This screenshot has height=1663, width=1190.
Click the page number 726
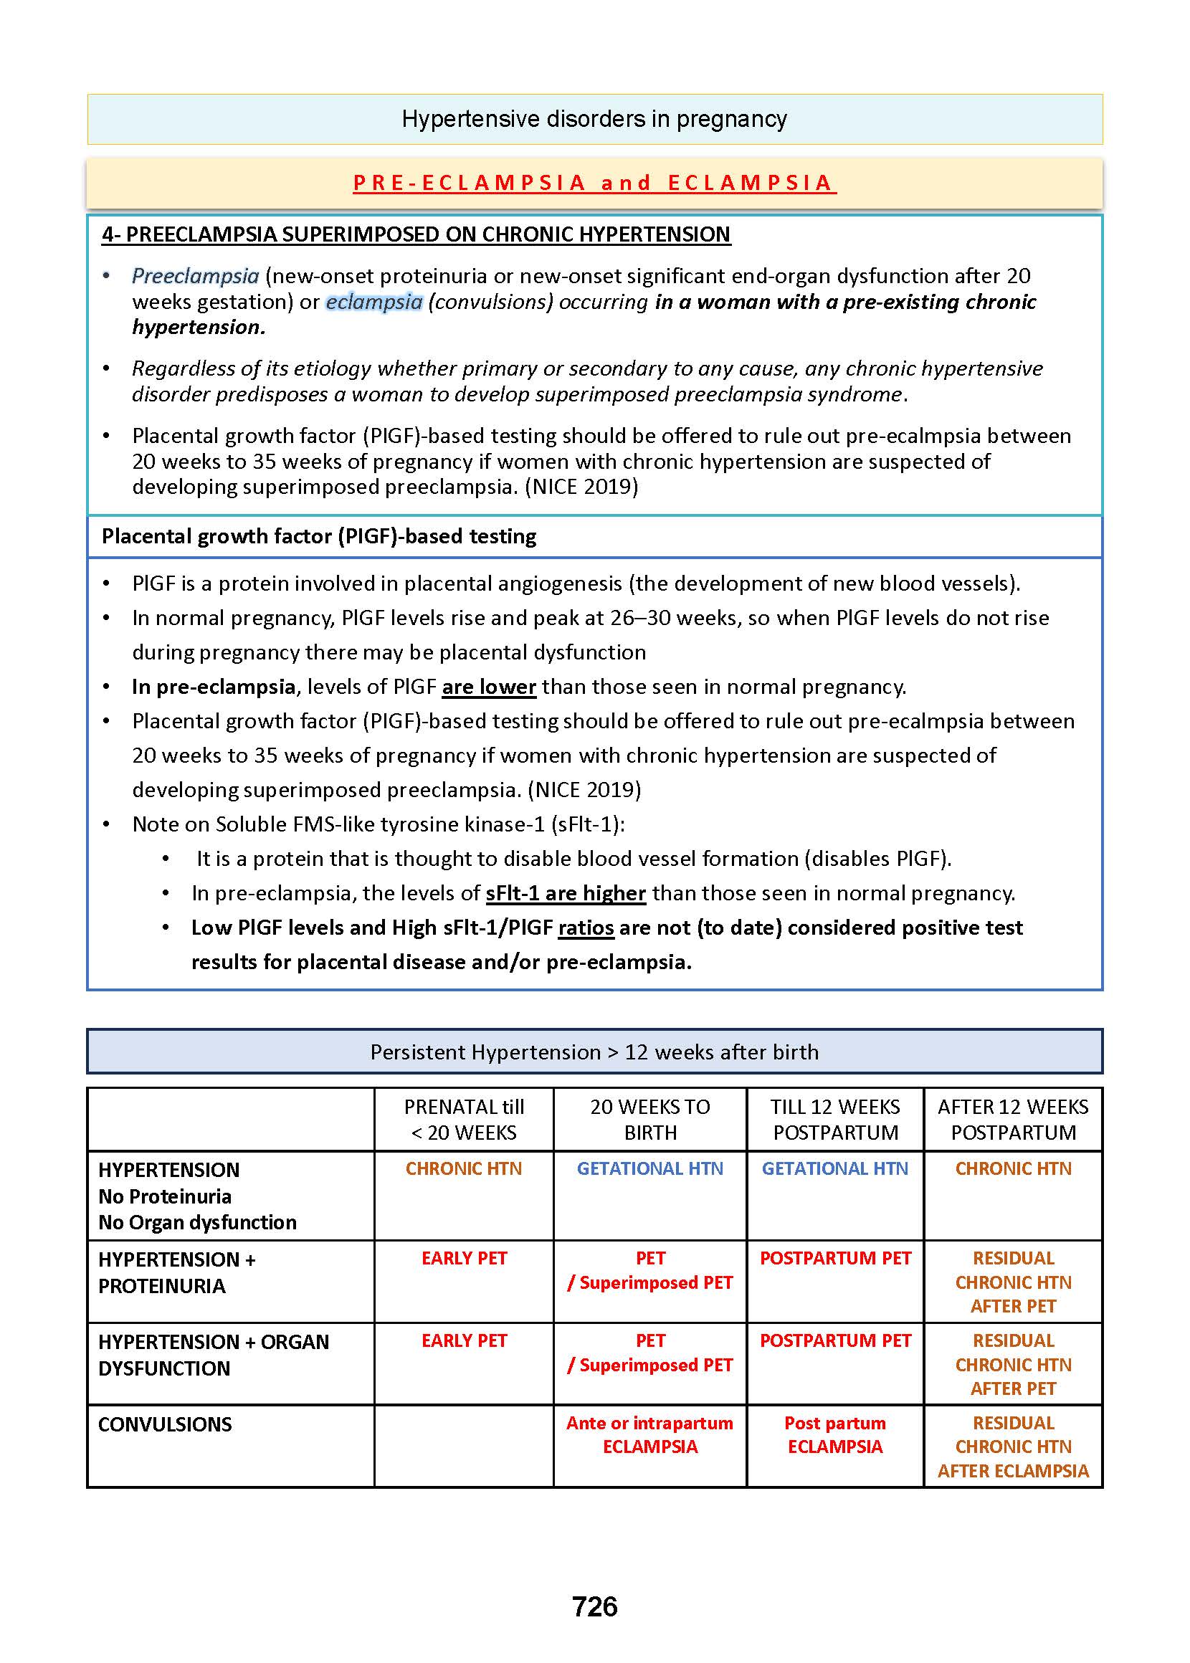[594, 1606]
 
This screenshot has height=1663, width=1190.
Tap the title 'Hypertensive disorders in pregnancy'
[594, 119]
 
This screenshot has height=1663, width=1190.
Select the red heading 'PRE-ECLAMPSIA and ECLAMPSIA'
[594, 182]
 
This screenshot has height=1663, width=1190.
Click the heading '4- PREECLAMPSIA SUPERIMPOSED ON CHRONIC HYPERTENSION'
[416, 234]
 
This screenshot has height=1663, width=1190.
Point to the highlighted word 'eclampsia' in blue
[373, 302]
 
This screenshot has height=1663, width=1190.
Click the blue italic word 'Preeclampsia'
[195, 276]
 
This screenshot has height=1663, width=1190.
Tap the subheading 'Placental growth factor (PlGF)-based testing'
[319, 536]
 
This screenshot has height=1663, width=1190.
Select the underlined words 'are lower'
[489, 687]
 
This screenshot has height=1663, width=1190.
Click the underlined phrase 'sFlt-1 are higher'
[566, 894]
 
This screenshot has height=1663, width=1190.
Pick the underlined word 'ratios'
[586, 928]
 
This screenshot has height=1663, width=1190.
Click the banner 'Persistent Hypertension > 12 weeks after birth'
[594, 1052]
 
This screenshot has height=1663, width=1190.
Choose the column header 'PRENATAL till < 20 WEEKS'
[464, 1120]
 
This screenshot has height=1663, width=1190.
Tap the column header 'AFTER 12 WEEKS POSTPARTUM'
[1014, 1120]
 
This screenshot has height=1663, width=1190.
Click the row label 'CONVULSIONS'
[165, 1424]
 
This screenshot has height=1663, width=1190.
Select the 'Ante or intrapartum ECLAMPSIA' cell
[650, 1434]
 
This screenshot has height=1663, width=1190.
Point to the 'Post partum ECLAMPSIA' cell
[834, 1434]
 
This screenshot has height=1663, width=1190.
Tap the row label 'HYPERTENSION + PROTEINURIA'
[176, 1272]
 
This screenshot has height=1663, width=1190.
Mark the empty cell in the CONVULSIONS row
[464, 1445]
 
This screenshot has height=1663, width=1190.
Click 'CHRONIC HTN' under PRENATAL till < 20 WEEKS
[464, 1168]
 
